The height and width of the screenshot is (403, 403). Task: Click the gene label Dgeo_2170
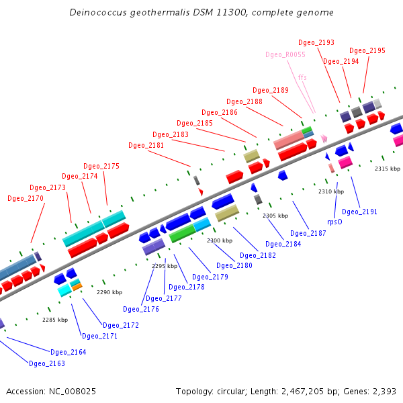click(26, 199)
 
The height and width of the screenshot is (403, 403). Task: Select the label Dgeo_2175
click(101, 167)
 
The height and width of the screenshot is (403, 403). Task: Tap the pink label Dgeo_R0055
click(285, 54)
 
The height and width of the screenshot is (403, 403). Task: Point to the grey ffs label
click(302, 78)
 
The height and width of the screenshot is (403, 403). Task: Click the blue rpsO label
click(335, 221)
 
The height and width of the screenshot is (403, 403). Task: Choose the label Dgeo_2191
click(360, 212)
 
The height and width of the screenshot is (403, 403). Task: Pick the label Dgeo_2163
click(47, 363)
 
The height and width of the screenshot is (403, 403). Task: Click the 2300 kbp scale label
click(220, 240)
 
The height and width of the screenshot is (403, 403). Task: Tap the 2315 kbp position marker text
click(388, 169)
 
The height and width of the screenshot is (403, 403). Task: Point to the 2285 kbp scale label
click(55, 320)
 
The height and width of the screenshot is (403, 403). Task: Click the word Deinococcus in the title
click(98, 13)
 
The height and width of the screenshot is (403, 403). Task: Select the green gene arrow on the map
click(182, 234)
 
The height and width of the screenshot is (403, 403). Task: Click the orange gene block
click(77, 287)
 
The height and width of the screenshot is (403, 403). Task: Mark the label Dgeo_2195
click(367, 51)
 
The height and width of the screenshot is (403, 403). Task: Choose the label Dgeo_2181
click(146, 145)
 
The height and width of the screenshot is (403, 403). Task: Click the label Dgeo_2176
click(141, 310)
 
